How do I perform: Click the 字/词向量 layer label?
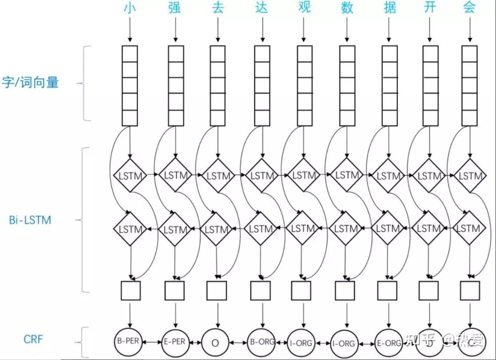tap(30, 82)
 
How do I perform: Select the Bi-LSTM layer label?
tap(30, 220)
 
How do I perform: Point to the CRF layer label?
tap(33, 339)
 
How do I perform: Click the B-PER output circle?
tap(128, 341)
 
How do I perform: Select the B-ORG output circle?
tap(261, 342)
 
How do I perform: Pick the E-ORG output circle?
tap(388, 343)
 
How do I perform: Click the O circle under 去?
tap(215, 343)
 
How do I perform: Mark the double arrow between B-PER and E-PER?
tap(151, 342)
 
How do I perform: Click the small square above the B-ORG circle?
tap(260, 291)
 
